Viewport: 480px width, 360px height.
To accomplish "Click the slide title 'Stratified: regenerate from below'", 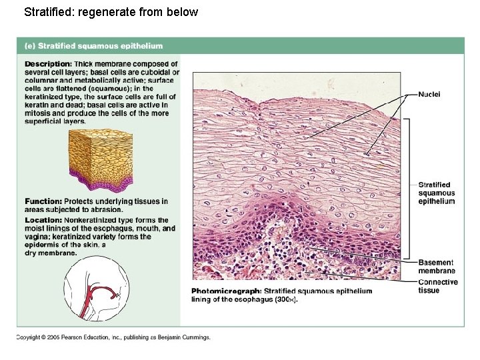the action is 111,11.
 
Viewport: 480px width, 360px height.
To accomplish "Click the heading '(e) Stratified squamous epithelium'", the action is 93,46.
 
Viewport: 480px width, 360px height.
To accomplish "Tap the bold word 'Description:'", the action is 48,64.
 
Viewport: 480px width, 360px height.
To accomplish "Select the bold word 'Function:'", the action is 43,201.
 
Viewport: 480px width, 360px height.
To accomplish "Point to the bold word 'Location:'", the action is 44,220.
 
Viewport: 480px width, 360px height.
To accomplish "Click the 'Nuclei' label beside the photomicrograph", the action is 429,94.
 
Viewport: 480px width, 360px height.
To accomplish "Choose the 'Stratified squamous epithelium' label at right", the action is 437,193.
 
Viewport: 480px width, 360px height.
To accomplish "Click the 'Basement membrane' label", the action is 437,267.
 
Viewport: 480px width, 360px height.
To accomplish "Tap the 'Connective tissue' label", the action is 438,286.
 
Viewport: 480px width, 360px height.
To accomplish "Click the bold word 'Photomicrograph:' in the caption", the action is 226,291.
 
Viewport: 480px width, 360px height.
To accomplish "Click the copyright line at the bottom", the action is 113,337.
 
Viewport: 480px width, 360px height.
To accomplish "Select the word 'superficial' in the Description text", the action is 44,121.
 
